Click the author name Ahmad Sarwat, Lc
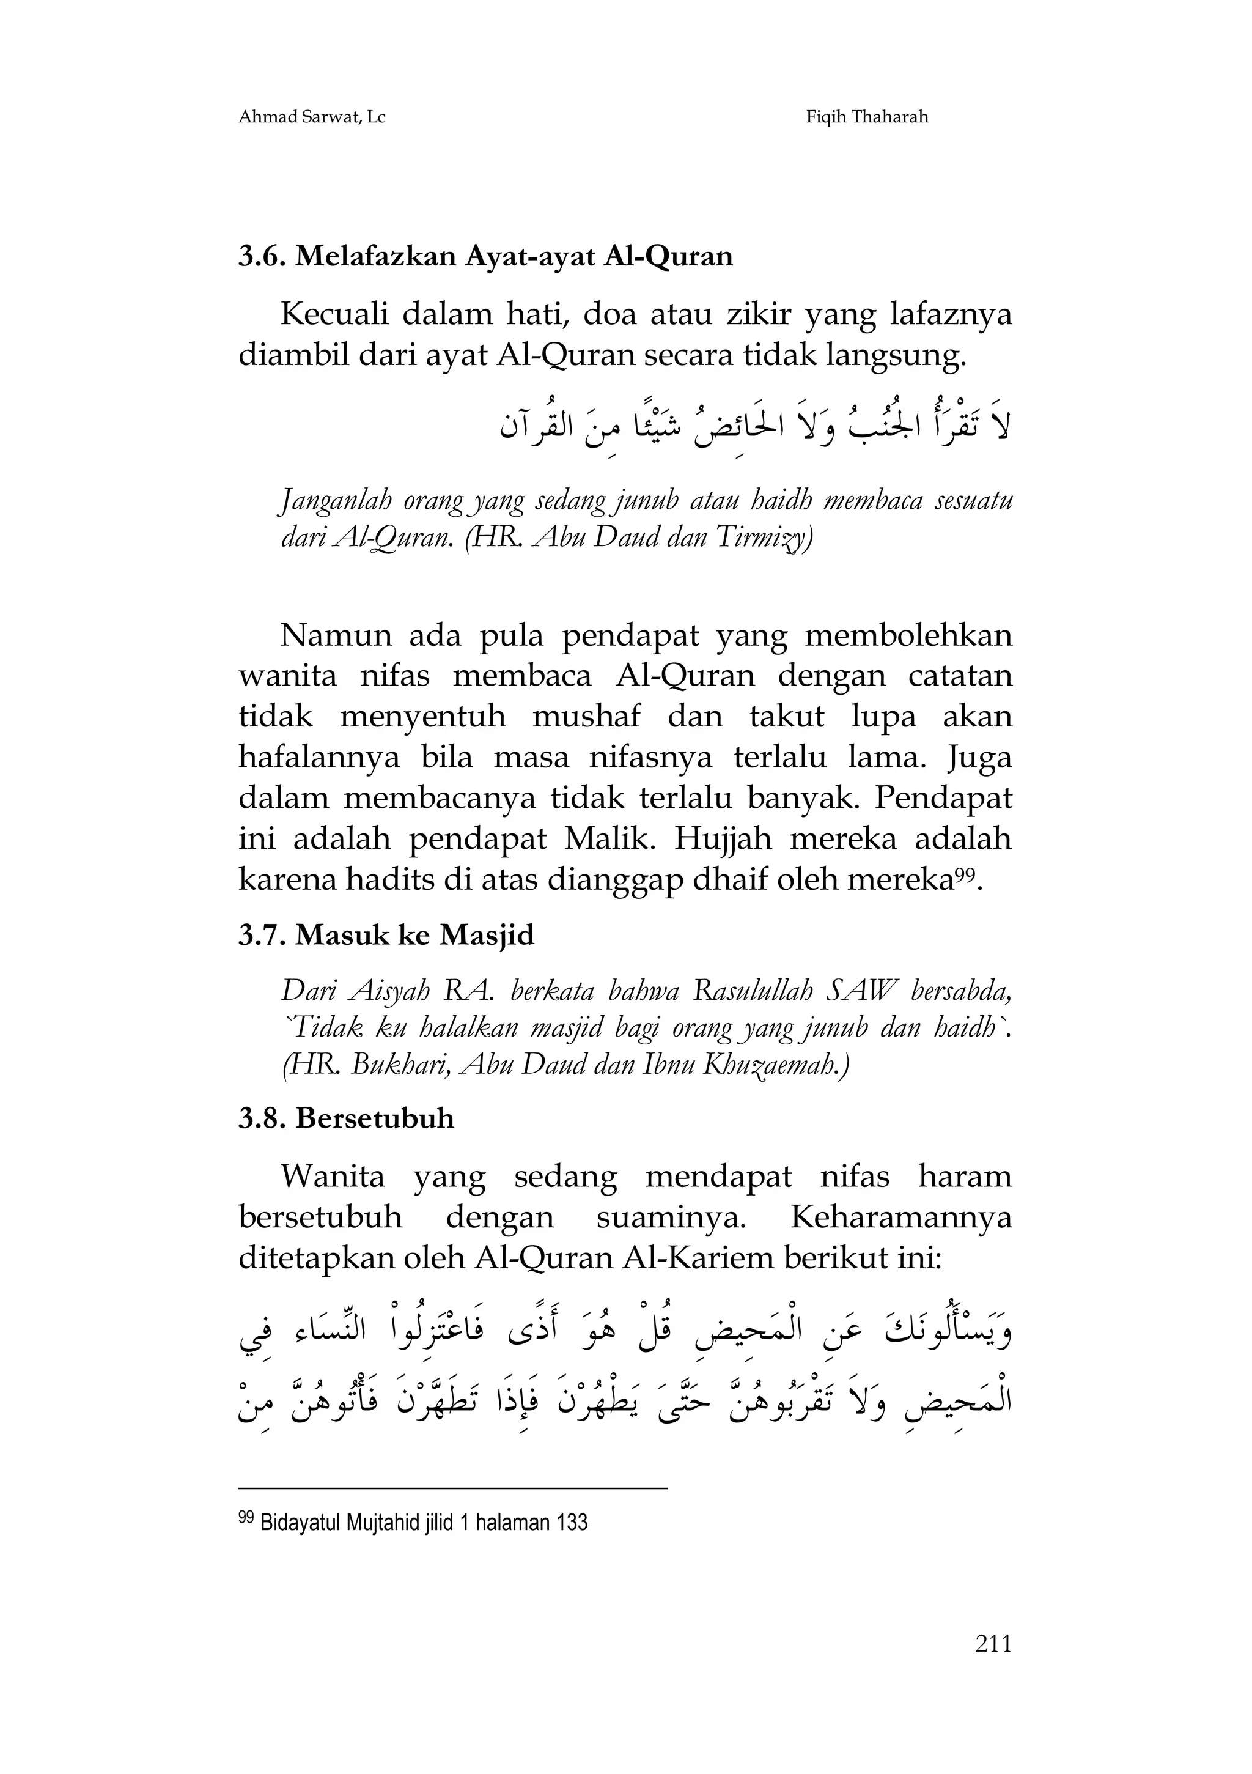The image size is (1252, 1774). [x=312, y=117]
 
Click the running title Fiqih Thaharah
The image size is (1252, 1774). [x=867, y=117]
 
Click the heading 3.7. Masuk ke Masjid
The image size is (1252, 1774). [x=386, y=936]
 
